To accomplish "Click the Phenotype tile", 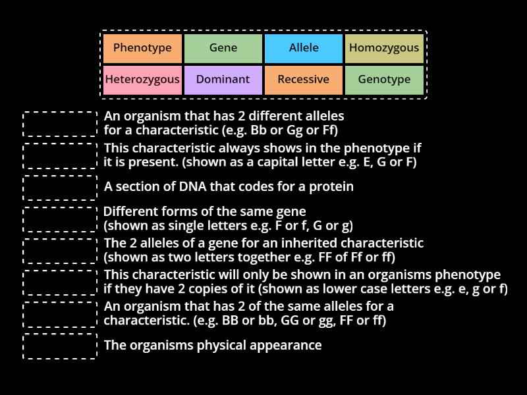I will pyautogui.click(x=142, y=48).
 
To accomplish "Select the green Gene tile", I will pyautogui.click(x=223, y=48).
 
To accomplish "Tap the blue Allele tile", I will pyautogui.click(x=304, y=48).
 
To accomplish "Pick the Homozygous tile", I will pyautogui.click(x=384, y=48).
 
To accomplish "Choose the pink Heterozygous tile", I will pyautogui.click(x=142, y=80).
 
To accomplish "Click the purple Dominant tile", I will pyautogui.click(x=223, y=80).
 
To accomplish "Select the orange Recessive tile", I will pyautogui.click(x=304, y=80).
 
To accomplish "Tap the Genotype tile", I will pyautogui.click(x=384, y=80).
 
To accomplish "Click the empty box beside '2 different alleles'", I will pyautogui.click(x=60, y=124).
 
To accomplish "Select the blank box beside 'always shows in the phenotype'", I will pyautogui.click(x=60, y=155).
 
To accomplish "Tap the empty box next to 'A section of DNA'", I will pyautogui.click(x=60, y=187).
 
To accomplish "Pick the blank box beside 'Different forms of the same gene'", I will pyautogui.click(x=60, y=219).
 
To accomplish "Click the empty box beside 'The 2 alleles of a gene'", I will pyautogui.click(x=60, y=250).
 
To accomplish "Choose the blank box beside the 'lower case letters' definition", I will pyautogui.click(x=60, y=282).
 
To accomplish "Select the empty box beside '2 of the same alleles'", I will pyautogui.click(x=60, y=313).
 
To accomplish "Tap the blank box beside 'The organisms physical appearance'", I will pyautogui.click(x=60, y=346).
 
